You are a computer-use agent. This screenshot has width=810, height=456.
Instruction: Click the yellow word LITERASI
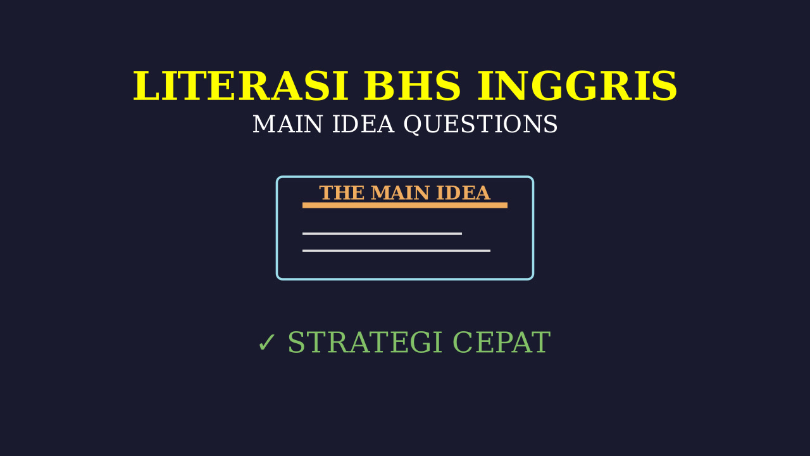[x=240, y=86]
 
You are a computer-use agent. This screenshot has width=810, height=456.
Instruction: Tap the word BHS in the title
[x=412, y=86]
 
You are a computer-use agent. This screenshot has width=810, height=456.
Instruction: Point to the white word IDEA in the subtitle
[x=363, y=124]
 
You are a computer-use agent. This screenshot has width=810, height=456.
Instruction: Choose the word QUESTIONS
[x=480, y=125]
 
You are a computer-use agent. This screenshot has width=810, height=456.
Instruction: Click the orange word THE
[x=342, y=193]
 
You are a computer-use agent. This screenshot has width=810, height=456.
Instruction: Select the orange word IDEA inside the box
[x=463, y=193]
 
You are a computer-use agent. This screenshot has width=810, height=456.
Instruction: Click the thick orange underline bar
[x=405, y=205]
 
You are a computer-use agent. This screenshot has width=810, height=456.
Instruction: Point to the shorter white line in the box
[x=382, y=234]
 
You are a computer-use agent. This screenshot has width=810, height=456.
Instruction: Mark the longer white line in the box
[x=396, y=251]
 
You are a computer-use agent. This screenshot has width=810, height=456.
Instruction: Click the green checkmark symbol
[x=266, y=343]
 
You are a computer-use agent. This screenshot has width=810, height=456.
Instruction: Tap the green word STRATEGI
[x=365, y=343]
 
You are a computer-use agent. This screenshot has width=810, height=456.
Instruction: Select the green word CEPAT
[x=502, y=343]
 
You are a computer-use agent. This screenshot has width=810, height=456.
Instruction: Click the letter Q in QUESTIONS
[x=413, y=125]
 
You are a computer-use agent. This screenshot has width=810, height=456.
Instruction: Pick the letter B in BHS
[x=377, y=86]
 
